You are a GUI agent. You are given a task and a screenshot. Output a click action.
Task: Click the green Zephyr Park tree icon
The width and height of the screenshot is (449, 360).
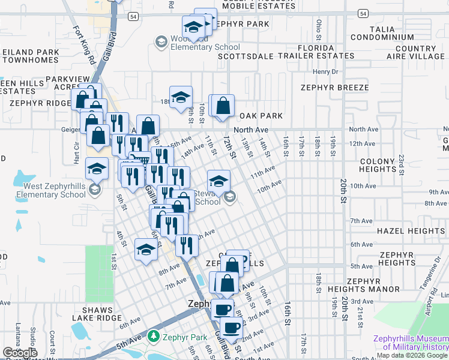tap(154, 336)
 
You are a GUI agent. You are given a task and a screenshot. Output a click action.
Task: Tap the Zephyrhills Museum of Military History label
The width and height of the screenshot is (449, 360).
tap(411, 343)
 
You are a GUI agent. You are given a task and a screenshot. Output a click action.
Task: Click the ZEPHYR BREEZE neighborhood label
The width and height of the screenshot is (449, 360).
tap(335, 88)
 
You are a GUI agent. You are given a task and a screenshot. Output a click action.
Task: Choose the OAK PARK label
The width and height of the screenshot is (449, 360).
tap(261, 116)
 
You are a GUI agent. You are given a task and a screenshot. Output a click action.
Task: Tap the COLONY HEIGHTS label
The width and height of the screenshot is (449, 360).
tap(385, 166)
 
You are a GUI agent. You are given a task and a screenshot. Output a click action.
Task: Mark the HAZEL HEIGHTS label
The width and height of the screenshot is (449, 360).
tap(411, 231)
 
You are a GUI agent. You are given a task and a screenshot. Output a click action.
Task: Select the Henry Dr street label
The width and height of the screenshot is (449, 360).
tap(325, 71)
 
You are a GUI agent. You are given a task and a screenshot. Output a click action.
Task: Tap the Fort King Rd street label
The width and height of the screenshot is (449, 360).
tap(84, 44)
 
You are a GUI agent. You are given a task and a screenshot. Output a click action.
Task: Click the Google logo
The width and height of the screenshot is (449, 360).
tap(20, 353)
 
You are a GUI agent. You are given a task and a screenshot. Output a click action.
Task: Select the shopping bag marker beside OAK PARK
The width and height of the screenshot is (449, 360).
tap(223, 106)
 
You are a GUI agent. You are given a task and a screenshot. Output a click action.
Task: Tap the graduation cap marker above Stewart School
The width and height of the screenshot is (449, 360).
tap(219, 180)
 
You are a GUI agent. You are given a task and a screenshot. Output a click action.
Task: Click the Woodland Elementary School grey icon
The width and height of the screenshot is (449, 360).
tap(160, 41)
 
